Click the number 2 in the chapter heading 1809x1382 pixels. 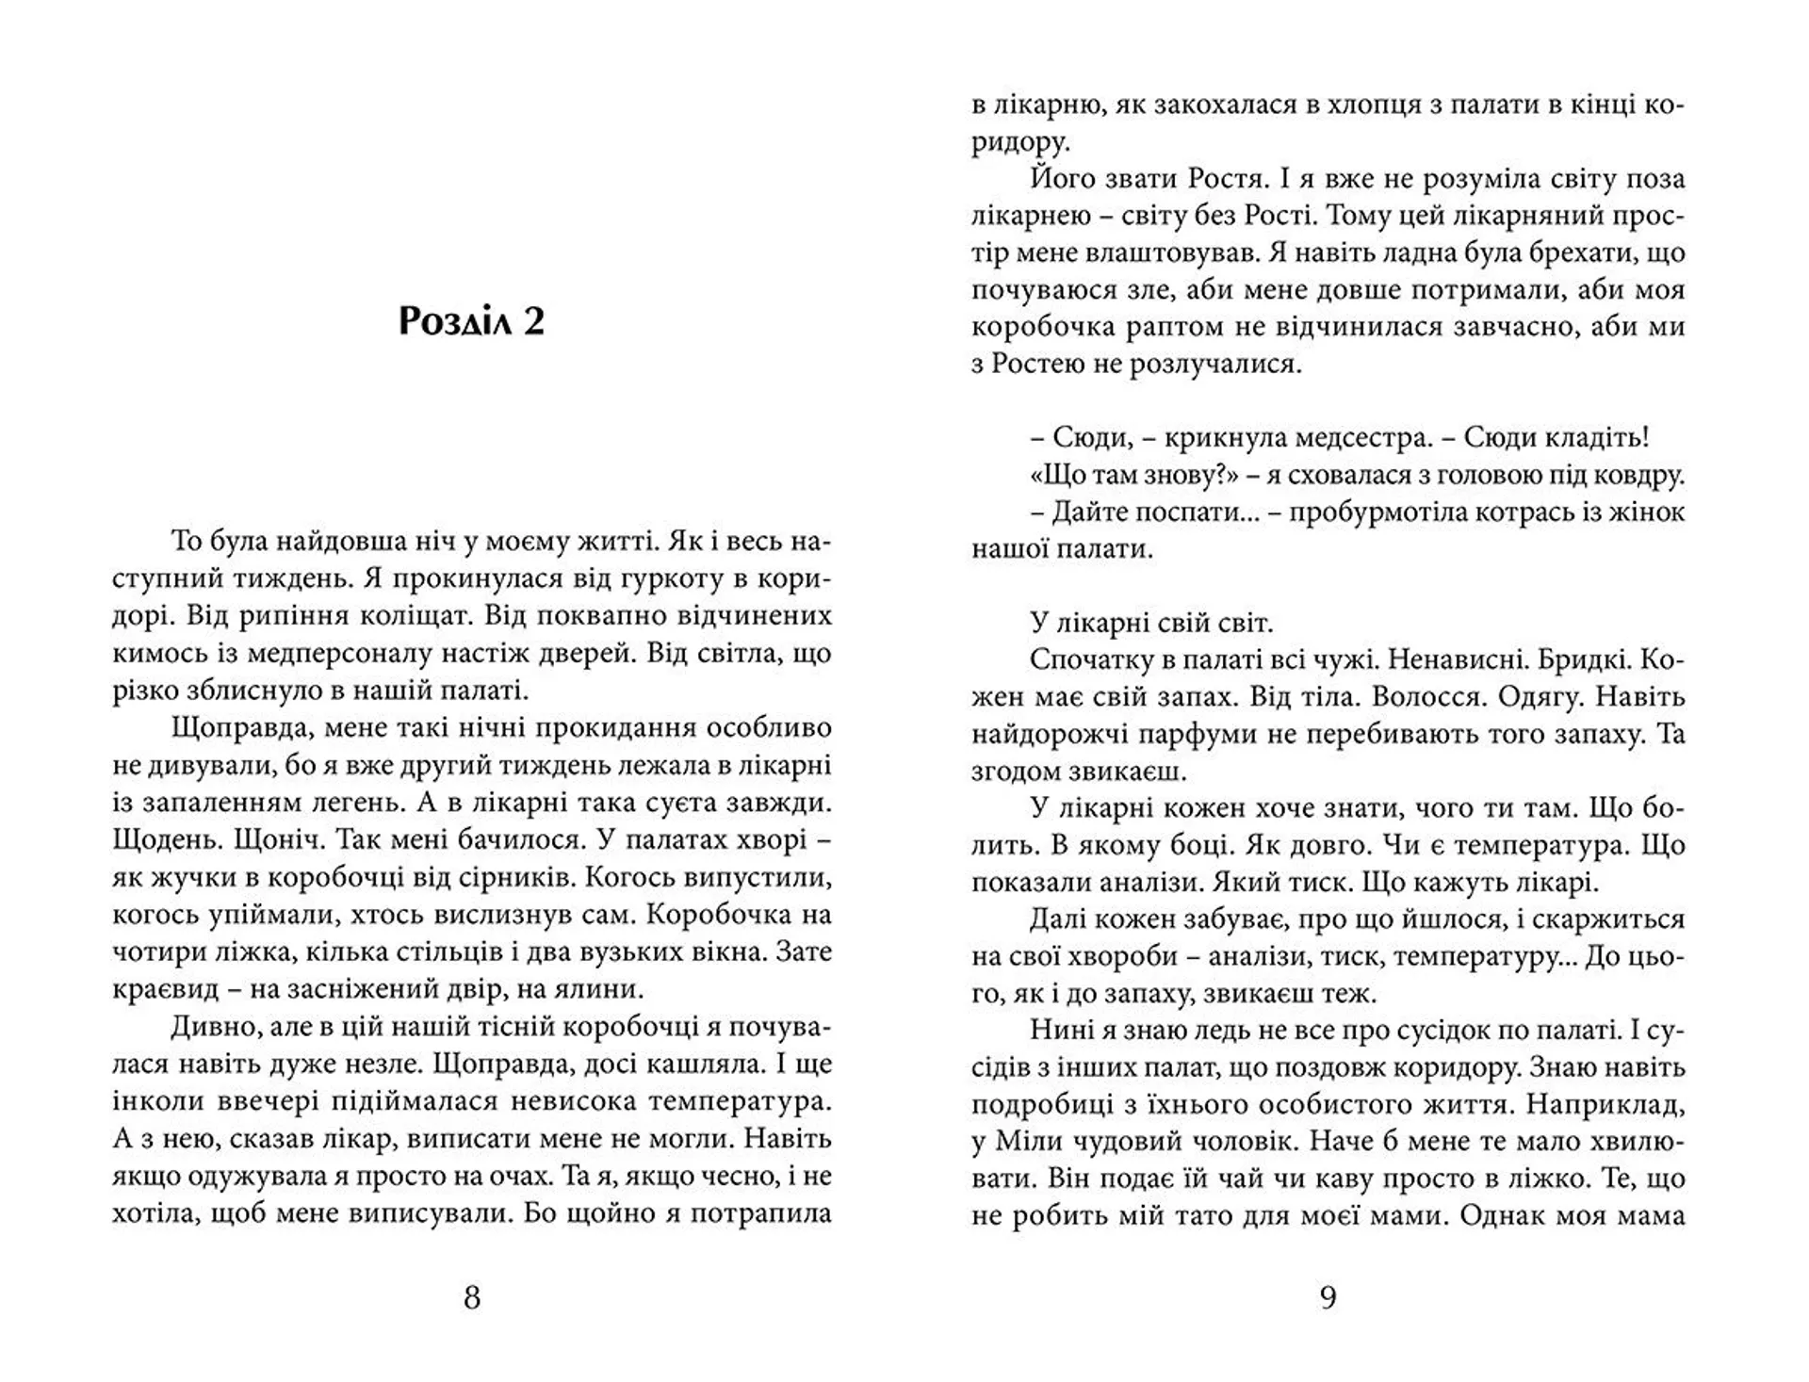pos(532,322)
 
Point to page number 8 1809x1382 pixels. pos(472,1299)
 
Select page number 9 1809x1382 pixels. pos(1328,1299)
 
